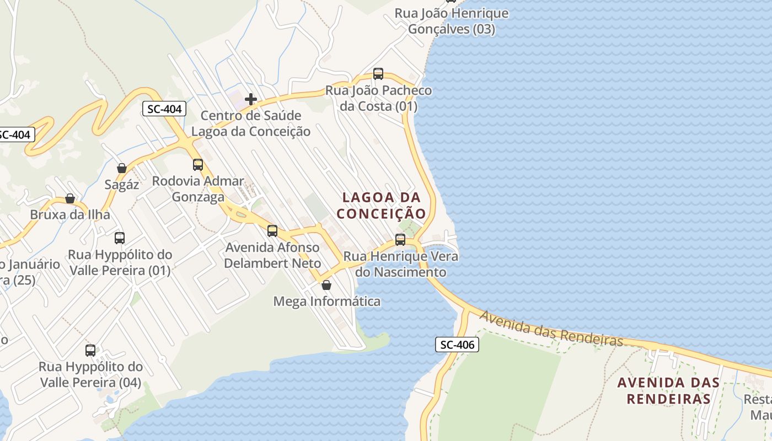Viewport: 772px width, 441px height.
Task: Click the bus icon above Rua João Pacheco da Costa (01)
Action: coord(378,74)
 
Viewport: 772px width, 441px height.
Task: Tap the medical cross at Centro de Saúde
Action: coord(251,99)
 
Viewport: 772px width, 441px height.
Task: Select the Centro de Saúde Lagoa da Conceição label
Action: coord(251,123)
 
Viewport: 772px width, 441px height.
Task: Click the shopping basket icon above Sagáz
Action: coord(122,168)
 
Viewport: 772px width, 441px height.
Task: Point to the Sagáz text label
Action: coord(122,185)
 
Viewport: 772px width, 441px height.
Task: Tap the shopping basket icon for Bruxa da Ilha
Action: coord(70,198)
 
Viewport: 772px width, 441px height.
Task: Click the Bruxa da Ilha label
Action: coord(70,214)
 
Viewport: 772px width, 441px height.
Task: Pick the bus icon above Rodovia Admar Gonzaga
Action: coord(198,165)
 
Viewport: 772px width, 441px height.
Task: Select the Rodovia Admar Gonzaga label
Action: coord(198,189)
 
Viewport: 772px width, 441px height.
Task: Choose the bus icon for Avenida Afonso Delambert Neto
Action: coord(272,231)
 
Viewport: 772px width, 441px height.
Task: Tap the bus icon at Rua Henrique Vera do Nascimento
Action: coord(400,240)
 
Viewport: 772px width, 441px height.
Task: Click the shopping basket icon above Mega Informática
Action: coord(326,285)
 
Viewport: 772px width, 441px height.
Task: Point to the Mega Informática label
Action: coord(327,302)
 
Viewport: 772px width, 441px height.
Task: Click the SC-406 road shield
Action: coord(457,345)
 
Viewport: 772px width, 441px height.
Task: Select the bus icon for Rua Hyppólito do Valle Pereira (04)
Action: coord(90,351)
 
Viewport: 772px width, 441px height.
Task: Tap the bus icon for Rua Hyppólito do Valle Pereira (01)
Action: coord(120,238)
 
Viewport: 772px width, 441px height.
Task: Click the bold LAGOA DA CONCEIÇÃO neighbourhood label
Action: coord(382,205)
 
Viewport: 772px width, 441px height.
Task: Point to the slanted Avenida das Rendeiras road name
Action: coord(551,329)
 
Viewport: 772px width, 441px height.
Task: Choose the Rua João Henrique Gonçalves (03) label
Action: coord(452,21)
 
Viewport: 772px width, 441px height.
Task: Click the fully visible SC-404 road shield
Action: coord(164,109)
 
